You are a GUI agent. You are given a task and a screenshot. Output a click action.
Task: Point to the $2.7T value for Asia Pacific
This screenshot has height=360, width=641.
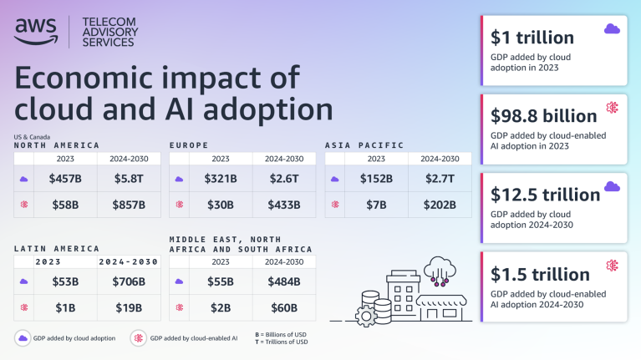(x=440, y=178)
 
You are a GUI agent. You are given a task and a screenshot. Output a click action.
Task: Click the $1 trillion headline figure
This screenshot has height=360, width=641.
(x=532, y=38)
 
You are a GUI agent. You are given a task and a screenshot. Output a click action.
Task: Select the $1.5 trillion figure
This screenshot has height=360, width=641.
(x=541, y=274)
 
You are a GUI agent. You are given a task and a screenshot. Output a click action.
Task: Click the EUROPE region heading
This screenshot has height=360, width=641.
(x=189, y=145)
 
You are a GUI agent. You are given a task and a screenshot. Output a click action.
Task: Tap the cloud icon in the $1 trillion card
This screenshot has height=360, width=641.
(x=612, y=29)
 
